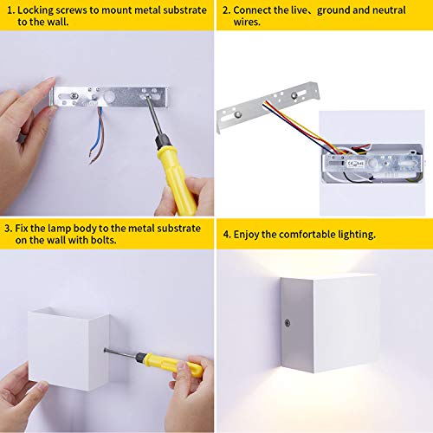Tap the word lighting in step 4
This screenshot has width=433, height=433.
point(356,234)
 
